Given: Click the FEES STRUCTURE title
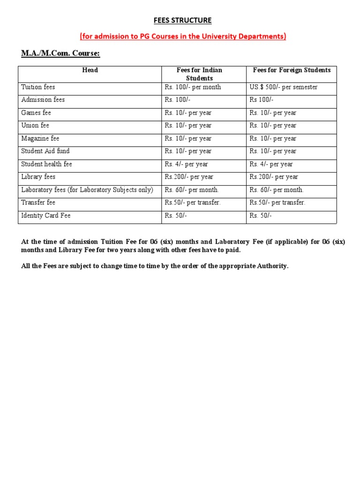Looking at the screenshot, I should tap(183, 21).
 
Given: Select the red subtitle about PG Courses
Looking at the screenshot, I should tap(183, 37).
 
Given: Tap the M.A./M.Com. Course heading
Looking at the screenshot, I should tap(60, 53).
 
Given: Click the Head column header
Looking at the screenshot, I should tap(90, 70).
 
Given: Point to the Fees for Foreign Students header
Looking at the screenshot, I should tap(292, 70).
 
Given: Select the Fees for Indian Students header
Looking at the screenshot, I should tap(199, 74).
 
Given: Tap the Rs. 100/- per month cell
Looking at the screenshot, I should tap(193, 87).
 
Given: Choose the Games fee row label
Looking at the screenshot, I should tap(36, 113).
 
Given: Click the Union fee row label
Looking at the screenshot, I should tap(35, 126).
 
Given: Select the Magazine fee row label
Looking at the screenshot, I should tap(40, 139).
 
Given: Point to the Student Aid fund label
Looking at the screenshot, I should tap(45, 151).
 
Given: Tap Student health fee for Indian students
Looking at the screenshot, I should tap(186, 165).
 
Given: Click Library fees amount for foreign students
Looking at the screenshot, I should tap(274, 177).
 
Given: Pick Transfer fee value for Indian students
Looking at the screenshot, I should tap(192, 203).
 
